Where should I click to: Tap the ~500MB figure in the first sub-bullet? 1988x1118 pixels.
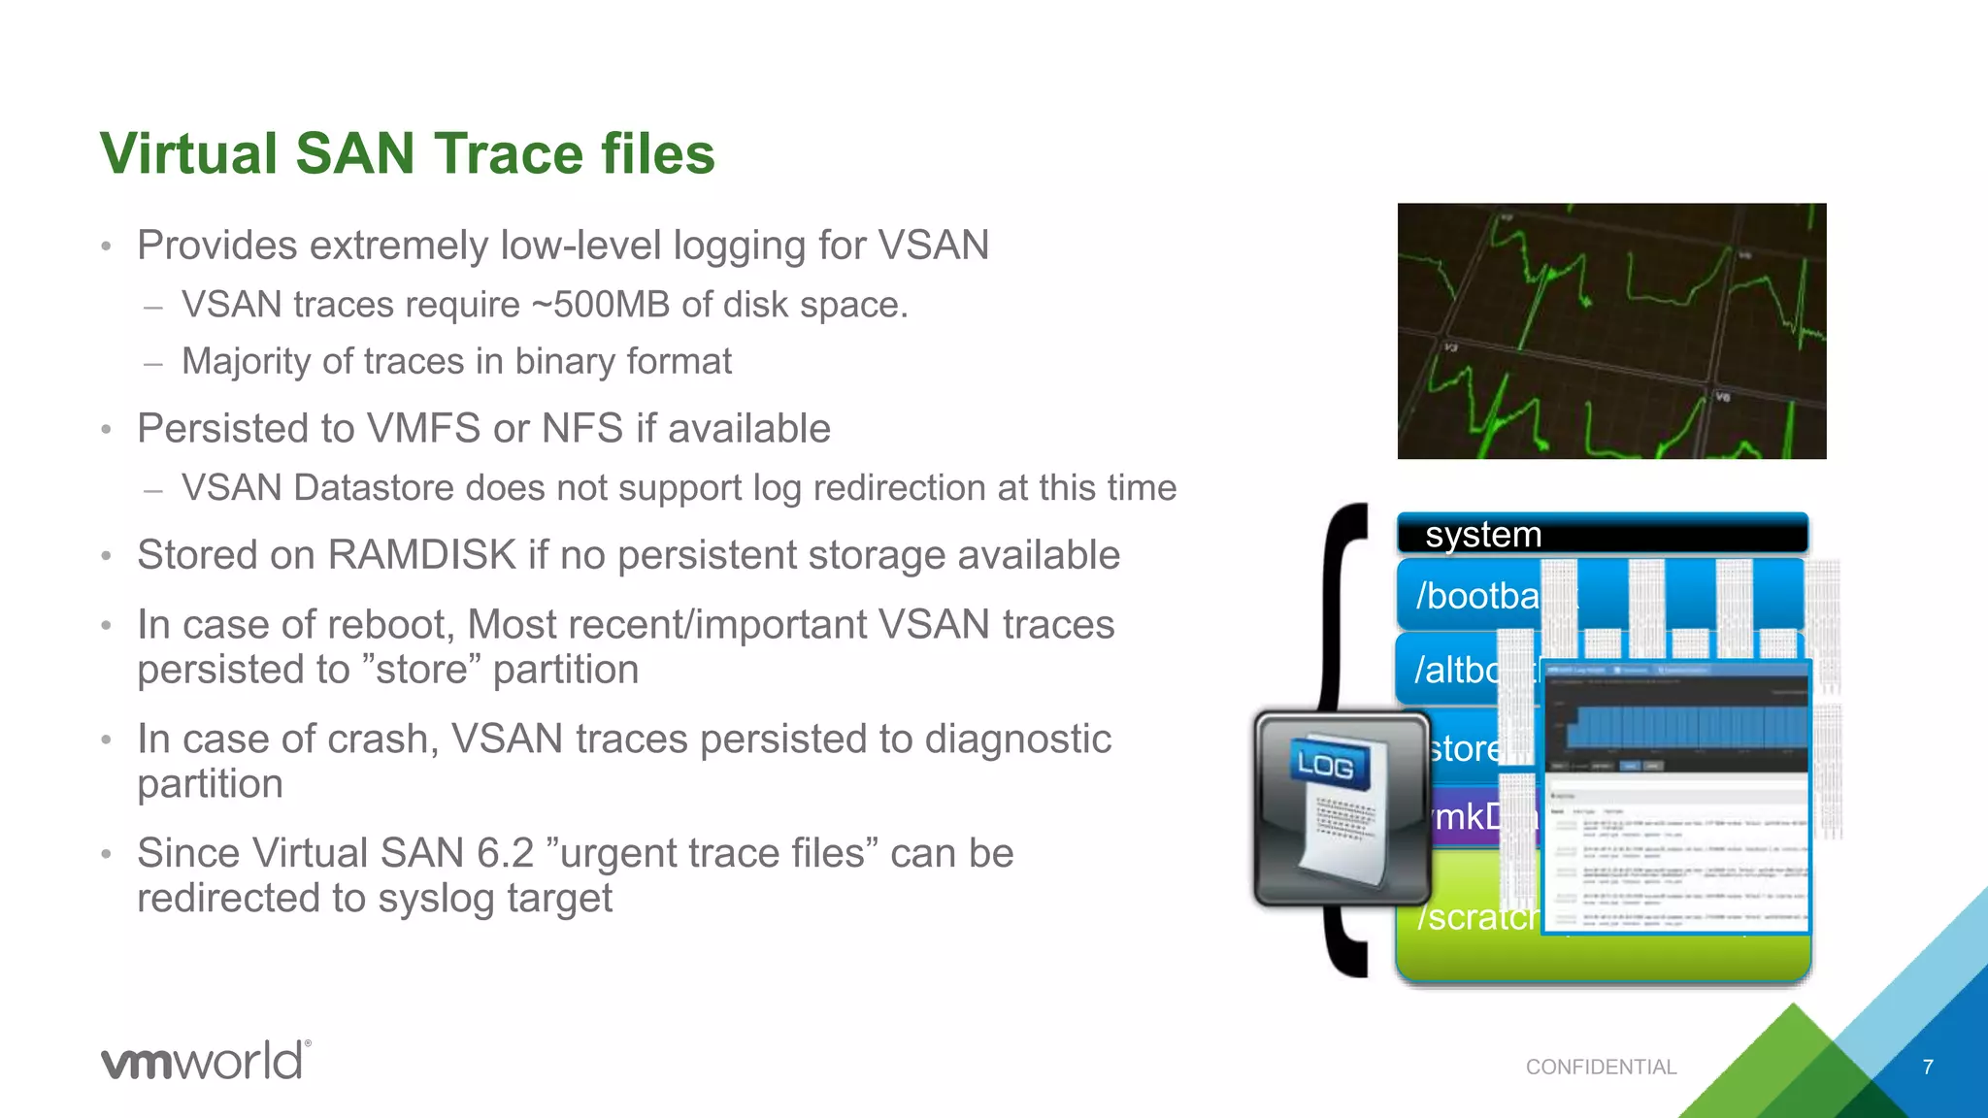[x=600, y=305]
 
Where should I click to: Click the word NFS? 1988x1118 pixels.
[x=581, y=429]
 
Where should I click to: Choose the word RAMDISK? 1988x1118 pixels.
[x=422, y=555]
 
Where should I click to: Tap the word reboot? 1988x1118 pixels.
[x=399, y=625]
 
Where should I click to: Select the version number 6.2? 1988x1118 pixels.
[x=505, y=854]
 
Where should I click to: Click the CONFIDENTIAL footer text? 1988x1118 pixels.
[x=1601, y=1068]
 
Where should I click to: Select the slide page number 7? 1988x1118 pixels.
[x=1928, y=1068]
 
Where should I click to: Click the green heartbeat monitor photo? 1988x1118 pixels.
[x=1611, y=331]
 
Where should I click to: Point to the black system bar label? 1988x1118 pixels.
[x=1483, y=535]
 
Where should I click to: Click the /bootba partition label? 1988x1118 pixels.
[x=1477, y=596]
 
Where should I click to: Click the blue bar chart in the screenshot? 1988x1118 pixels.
[x=1685, y=728]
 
